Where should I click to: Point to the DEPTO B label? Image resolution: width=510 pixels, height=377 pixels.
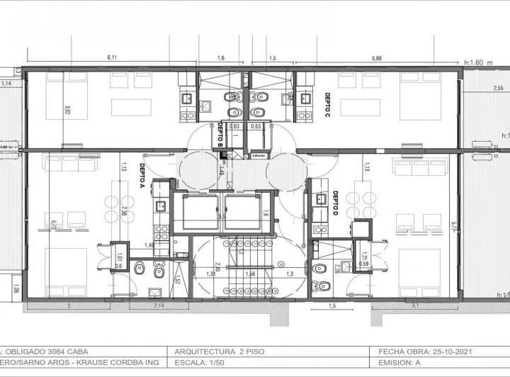[x=221, y=132]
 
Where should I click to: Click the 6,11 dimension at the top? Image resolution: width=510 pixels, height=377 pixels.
[x=112, y=57]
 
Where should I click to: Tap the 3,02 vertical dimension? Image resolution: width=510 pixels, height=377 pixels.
[x=67, y=110]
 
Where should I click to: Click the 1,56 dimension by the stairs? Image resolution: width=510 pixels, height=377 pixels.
[x=250, y=274]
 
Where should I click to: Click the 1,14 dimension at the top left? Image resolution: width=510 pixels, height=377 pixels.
[x=7, y=84]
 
